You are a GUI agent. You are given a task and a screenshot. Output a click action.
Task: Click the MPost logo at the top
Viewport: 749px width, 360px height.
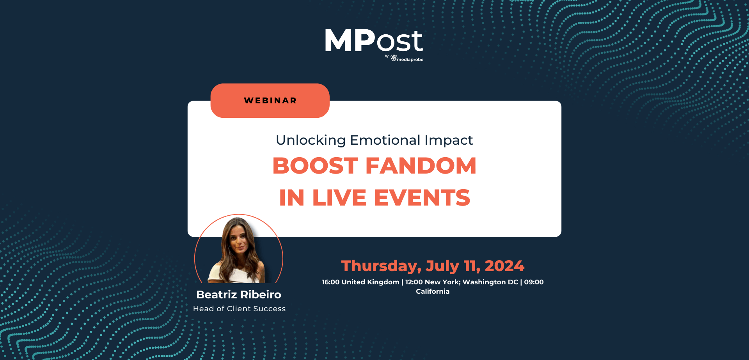[374, 41]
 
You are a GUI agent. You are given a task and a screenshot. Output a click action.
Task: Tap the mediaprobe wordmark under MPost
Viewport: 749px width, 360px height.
[410, 60]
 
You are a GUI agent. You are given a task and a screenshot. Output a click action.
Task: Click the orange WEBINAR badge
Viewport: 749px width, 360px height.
[270, 101]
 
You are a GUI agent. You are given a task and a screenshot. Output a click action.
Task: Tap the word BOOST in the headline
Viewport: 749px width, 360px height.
[315, 166]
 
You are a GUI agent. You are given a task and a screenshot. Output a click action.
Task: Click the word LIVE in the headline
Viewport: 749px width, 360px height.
[339, 198]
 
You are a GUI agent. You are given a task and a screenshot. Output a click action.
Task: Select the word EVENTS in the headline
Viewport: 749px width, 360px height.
[422, 198]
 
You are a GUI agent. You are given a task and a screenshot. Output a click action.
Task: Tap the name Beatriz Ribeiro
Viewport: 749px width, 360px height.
[239, 294]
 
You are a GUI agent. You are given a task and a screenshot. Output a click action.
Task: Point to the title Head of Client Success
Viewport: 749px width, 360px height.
[239, 309]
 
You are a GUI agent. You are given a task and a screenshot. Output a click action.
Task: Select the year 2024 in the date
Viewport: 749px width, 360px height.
[504, 266]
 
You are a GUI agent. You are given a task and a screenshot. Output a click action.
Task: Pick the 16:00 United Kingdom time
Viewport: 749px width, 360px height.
[360, 282]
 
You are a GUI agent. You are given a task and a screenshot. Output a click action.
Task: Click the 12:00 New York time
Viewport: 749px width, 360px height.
[432, 282]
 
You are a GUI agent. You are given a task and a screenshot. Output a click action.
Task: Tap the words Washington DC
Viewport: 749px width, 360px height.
[490, 282]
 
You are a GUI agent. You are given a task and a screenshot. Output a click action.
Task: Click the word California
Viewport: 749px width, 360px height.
[433, 291]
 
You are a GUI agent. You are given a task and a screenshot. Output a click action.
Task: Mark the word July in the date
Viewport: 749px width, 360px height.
[442, 266]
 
